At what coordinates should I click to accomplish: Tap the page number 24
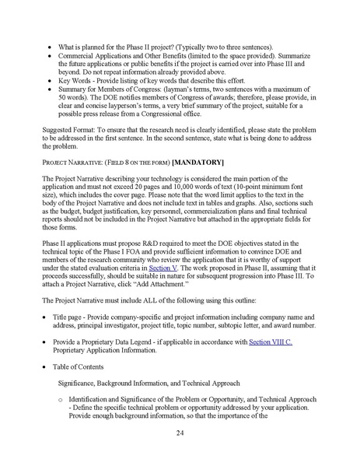(180, 433)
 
